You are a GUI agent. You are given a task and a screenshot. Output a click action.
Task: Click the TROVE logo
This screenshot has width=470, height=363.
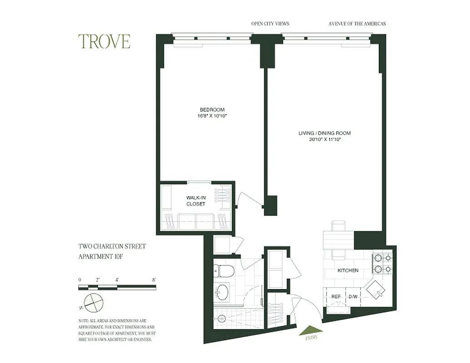pyautogui.click(x=104, y=41)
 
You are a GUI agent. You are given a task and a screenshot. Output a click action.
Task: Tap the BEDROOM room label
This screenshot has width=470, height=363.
pyautogui.click(x=212, y=110)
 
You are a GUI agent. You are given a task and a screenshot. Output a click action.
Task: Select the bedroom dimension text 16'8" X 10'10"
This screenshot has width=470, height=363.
pyautogui.click(x=212, y=116)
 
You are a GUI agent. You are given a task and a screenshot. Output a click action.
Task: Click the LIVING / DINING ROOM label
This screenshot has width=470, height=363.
pyautogui.click(x=325, y=133)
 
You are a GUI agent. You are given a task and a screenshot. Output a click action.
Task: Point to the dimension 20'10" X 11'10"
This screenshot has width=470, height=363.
pyautogui.click(x=325, y=140)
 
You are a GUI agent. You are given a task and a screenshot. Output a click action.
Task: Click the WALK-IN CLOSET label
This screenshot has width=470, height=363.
pyautogui.click(x=196, y=201)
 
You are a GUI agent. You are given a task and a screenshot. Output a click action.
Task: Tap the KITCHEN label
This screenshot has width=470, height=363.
pyautogui.click(x=348, y=270)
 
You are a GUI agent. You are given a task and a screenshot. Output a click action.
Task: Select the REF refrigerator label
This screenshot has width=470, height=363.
pyautogui.click(x=336, y=296)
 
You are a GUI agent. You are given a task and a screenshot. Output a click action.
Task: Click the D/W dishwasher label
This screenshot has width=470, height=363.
pyautogui.click(x=353, y=296)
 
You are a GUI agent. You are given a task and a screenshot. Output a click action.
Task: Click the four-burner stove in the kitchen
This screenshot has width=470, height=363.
pyautogui.click(x=382, y=264)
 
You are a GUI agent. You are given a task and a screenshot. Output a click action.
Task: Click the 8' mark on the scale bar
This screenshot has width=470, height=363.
pyautogui.click(x=155, y=280)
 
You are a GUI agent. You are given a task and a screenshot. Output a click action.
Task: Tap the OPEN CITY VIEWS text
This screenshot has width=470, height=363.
pyautogui.click(x=270, y=24)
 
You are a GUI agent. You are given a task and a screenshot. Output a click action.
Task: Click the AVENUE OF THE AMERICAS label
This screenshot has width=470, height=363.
pyautogui.click(x=357, y=24)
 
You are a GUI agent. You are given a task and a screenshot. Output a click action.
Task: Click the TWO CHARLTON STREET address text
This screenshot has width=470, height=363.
pyautogui.click(x=112, y=247)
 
